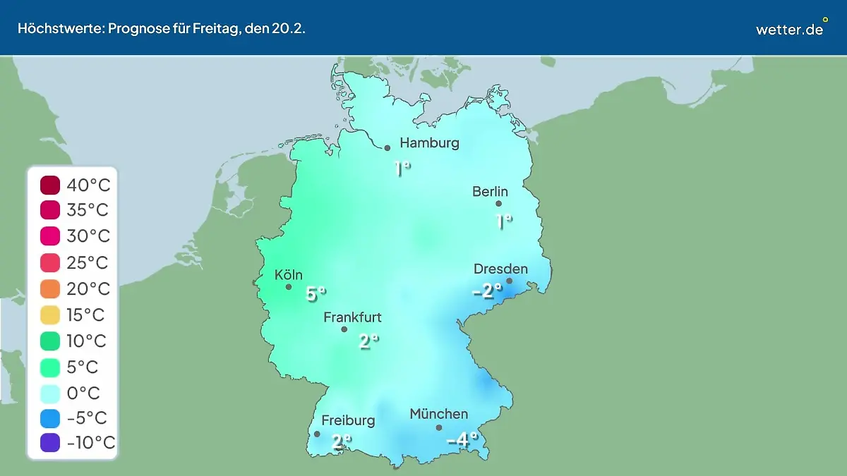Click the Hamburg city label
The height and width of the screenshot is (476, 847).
coord(429,143)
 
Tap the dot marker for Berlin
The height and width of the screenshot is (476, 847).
coord(498,204)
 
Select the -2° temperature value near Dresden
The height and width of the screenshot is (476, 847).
coord(486,290)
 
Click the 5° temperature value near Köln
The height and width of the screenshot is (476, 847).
coord(316,293)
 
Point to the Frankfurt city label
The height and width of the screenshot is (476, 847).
coord(352,317)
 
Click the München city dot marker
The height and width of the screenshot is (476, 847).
coord(439,427)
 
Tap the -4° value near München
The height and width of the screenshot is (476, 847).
coord(462,440)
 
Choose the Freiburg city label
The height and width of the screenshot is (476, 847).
coord(348,420)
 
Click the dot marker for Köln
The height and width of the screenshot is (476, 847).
coord(289,286)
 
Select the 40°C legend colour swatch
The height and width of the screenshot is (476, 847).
coord(50,185)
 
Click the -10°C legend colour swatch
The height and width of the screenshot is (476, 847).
coord(50,443)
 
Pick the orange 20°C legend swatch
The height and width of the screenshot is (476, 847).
coord(50,288)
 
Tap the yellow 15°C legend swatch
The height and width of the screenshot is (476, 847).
coord(50,315)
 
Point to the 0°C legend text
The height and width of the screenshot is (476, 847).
coord(83,393)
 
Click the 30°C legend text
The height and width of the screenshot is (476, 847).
coord(88,236)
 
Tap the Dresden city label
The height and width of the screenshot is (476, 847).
coord(500,269)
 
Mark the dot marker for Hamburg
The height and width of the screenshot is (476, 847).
coord(388,148)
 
